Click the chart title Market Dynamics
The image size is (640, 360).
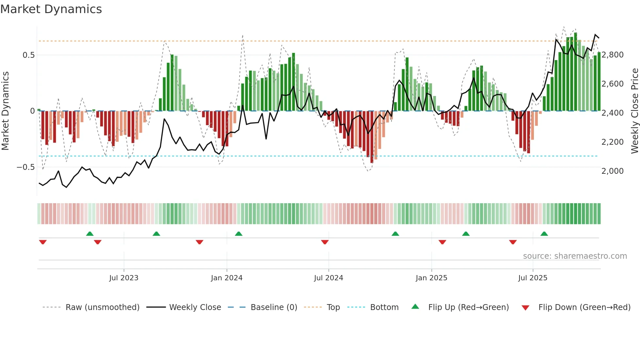click(x=51, y=9)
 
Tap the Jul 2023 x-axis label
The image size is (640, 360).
click(x=124, y=278)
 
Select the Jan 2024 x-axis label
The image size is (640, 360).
click(x=227, y=278)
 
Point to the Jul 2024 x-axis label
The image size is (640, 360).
click(x=328, y=278)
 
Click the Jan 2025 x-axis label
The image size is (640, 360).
click(x=431, y=278)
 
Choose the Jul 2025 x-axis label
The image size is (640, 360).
click(x=533, y=278)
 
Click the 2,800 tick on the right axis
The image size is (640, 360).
click(x=613, y=55)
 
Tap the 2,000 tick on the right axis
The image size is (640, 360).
click(x=613, y=171)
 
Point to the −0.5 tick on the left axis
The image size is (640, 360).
click(x=25, y=167)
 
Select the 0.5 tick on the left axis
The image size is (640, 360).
click(x=29, y=55)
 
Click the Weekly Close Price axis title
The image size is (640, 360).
click(x=634, y=111)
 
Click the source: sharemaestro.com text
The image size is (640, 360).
click(x=575, y=256)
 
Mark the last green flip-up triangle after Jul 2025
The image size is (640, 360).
click(x=544, y=234)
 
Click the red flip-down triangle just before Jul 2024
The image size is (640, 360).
click(x=325, y=242)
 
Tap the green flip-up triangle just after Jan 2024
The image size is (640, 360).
click(x=239, y=234)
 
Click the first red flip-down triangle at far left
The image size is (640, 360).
click(x=43, y=242)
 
